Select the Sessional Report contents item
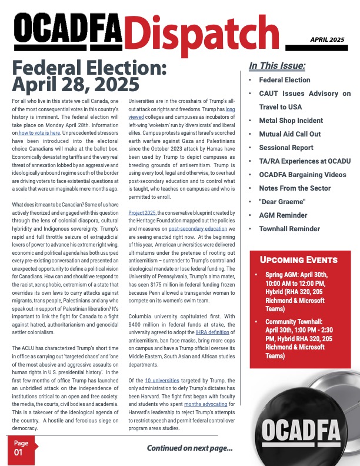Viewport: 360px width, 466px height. coord(286,148)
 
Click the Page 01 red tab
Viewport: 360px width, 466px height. coord(21,448)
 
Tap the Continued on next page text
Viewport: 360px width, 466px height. coord(189,449)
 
